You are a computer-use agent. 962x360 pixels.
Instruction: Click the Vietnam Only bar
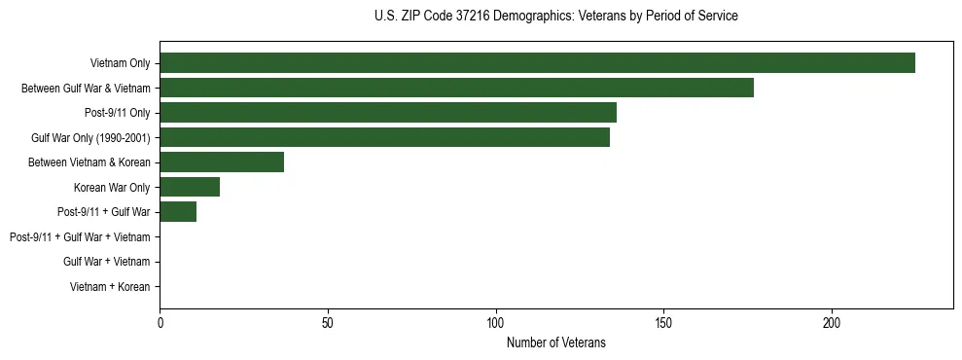point(537,63)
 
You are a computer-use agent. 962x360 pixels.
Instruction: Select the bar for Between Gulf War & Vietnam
point(456,89)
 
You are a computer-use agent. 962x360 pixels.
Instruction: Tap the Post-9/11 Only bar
point(388,113)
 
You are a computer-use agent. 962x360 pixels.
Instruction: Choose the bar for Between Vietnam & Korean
point(222,162)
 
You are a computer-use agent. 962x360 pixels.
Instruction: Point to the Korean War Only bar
point(190,187)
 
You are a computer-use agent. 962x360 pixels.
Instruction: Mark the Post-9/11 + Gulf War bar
point(178,212)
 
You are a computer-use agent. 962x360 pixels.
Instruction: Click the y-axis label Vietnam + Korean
point(110,287)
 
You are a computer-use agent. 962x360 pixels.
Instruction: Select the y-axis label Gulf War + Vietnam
point(106,262)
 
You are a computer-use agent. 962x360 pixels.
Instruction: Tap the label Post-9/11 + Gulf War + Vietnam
point(80,237)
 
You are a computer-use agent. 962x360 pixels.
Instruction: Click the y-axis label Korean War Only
point(112,188)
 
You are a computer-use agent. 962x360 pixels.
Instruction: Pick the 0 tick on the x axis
point(160,321)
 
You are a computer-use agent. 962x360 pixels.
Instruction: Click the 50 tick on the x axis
point(328,321)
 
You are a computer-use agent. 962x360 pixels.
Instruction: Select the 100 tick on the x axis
point(496,321)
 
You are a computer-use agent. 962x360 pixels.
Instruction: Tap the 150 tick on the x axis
point(663,321)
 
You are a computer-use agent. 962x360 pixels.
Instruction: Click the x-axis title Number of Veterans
point(556,342)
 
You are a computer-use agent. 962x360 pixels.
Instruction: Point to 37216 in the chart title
point(469,17)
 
